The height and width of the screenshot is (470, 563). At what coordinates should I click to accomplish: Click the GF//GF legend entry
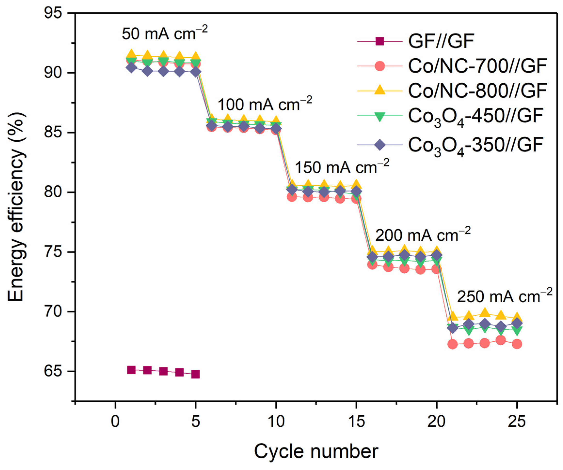coord(441,41)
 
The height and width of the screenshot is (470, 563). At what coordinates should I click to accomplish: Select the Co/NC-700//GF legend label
coord(477,66)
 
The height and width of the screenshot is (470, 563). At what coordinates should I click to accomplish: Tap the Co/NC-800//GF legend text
coord(477,91)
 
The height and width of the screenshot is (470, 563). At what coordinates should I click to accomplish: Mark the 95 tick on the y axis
coord(56,13)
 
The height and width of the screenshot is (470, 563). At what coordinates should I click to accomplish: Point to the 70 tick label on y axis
coord(56,312)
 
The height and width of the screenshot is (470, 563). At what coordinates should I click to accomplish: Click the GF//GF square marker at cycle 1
coord(131,370)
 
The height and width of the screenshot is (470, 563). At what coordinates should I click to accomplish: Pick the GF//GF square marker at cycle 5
coord(195,374)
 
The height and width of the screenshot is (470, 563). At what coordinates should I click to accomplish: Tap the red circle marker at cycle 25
coord(517,344)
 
